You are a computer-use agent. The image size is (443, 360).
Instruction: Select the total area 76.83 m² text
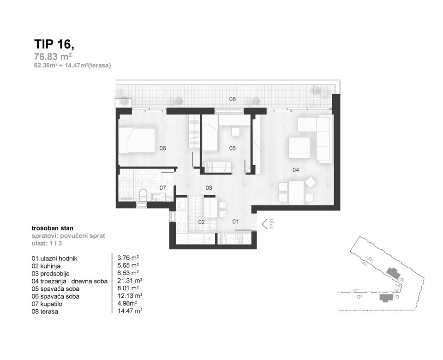pyautogui.click(x=53, y=57)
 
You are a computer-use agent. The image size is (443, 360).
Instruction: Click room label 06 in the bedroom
pyautogui.click(x=162, y=148)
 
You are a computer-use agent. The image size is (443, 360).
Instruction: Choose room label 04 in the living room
pyautogui.click(x=295, y=170)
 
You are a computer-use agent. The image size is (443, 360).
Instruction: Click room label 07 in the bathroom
pyautogui.click(x=162, y=188)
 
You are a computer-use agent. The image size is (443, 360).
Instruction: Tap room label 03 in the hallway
pyautogui.click(x=209, y=188)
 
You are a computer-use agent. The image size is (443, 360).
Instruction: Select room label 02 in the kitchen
pyautogui.click(x=201, y=222)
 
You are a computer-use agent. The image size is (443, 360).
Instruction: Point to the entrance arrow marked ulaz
pyautogui.click(x=266, y=224)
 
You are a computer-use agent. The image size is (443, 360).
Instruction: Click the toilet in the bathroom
pyautogui.click(x=143, y=194)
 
